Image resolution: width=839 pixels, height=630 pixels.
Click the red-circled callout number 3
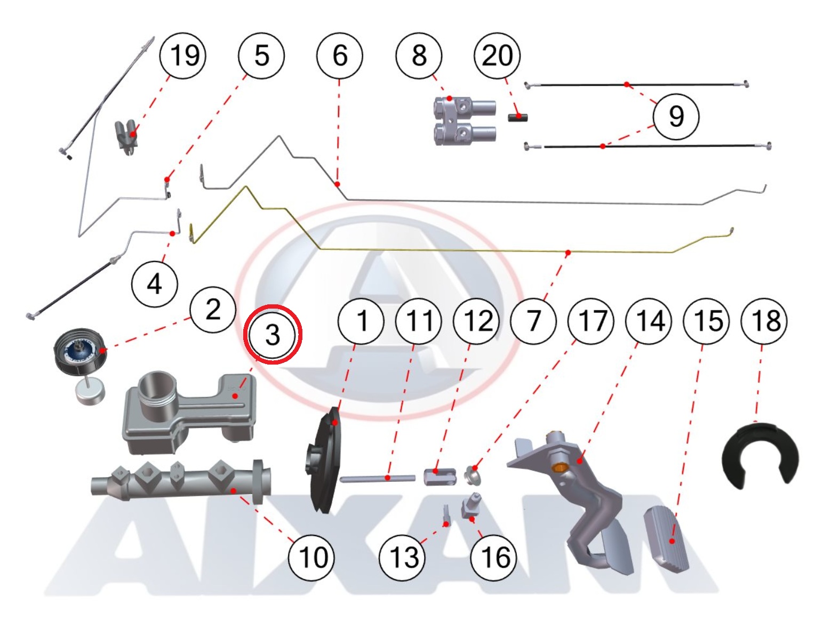(x=273, y=334)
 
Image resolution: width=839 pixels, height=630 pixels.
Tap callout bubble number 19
(x=183, y=55)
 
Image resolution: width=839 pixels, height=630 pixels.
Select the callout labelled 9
(x=676, y=116)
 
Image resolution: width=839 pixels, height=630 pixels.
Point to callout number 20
(x=497, y=55)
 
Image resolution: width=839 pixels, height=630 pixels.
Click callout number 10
(x=312, y=558)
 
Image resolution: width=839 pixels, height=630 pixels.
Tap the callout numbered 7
(x=533, y=321)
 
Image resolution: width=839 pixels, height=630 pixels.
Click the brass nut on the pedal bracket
(x=559, y=468)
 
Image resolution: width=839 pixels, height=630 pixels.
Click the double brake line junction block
(x=463, y=120)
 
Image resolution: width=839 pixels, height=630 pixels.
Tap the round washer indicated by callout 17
(x=472, y=474)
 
